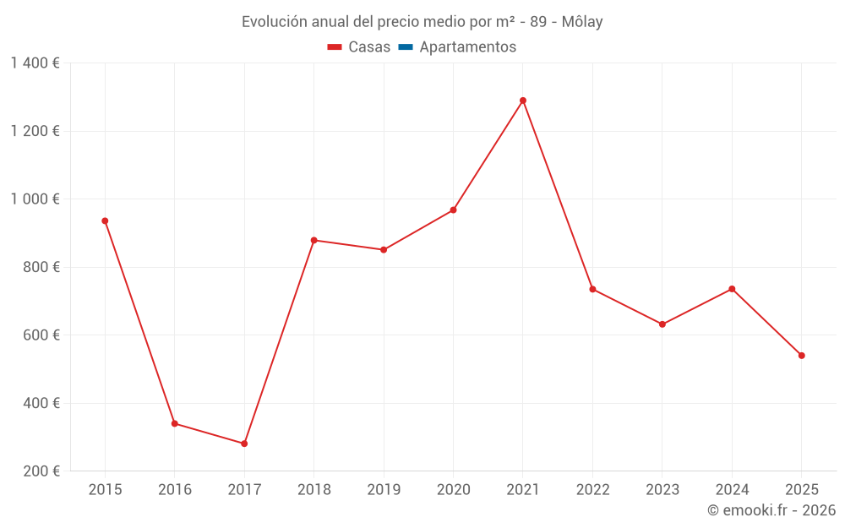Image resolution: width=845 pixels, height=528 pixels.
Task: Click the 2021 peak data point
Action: [523, 101]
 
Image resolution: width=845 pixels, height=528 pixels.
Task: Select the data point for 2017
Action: [244, 444]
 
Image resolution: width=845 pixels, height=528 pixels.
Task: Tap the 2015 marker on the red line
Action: [105, 221]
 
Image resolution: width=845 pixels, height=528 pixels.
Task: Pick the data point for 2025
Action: [802, 356]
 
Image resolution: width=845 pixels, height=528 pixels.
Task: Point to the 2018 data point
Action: [314, 240]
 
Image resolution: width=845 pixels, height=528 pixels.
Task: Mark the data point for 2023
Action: [662, 324]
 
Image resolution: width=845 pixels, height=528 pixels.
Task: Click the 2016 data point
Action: [175, 423]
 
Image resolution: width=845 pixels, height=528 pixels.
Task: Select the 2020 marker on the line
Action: [454, 210]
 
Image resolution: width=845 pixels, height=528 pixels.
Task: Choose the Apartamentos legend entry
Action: [467, 47]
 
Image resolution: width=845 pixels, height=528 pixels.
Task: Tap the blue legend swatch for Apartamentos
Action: [405, 47]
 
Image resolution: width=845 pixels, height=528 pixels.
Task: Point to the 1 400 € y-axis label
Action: [35, 63]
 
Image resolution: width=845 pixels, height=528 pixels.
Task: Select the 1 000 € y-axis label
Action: [35, 199]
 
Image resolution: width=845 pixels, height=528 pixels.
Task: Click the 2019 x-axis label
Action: [384, 490]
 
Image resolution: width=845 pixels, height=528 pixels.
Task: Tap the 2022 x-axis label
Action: [592, 490]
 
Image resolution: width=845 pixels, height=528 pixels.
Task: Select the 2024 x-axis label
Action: [732, 490]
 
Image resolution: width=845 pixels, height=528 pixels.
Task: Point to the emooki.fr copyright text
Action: [771, 510]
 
